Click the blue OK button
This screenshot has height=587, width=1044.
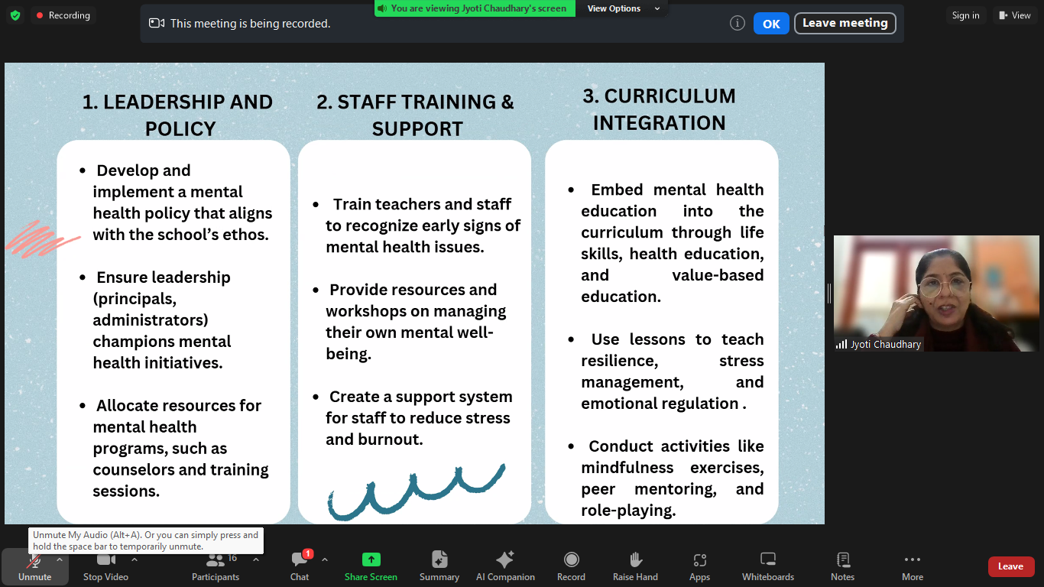[x=771, y=24]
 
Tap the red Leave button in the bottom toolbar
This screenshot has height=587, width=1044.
[x=1010, y=566]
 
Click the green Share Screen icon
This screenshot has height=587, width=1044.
[x=371, y=559]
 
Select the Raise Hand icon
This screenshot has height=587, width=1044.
[x=635, y=559]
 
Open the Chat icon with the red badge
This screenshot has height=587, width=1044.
[x=300, y=559]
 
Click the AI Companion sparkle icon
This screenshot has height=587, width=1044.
[x=504, y=559]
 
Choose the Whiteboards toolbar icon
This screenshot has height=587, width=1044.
[x=767, y=559]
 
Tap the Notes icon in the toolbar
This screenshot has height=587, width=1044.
[x=843, y=559]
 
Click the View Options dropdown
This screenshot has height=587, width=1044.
[x=623, y=8]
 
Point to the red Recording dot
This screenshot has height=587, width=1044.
[x=40, y=15]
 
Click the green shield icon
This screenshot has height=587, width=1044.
[x=15, y=15]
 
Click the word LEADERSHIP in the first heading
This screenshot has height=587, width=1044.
[x=163, y=102]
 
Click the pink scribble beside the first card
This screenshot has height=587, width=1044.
[x=42, y=239]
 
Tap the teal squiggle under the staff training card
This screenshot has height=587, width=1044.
[x=417, y=492]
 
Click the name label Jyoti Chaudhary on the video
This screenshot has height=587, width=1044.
[x=886, y=344]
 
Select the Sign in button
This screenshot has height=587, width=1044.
[x=965, y=15]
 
